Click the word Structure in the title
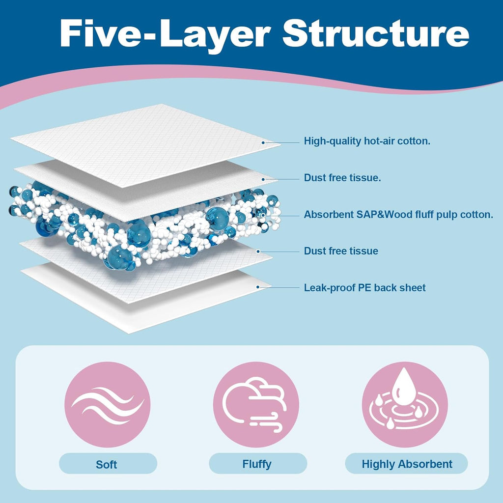(x=376, y=33)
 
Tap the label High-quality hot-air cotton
(x=367, y=141)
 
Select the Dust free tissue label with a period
(x=342, y=178)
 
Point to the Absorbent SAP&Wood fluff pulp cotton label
(x=398, y=215)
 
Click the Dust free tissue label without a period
(x=341, y=251)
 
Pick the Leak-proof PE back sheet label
(x=364, y=287)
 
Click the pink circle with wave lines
(x=107, y=404)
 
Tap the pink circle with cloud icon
(x=256, y=404)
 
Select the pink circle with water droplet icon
(x=404, y=404)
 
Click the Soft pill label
(x=107, y=464)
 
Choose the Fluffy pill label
(x=257, y=464)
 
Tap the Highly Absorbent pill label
(x=407, y=464)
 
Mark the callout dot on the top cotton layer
(x=263, y=142)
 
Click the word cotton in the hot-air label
(x=414, y=141)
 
